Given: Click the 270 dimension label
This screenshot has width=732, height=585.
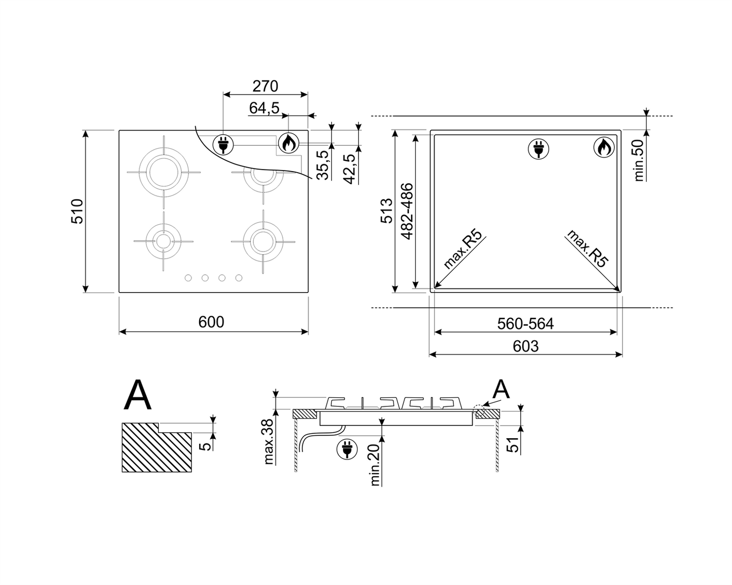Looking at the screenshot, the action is pos(265,87).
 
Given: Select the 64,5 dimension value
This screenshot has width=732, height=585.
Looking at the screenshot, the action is pos(264,108).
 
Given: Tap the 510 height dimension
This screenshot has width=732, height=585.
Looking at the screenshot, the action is pos(77,211).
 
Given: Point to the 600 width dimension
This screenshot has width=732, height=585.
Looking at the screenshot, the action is pos(211,322).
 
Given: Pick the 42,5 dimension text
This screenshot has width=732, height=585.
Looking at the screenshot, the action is pos(350,169).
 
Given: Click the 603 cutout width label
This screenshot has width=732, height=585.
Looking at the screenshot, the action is pos(525,346).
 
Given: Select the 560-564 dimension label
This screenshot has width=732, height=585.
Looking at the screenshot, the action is pos(525,323).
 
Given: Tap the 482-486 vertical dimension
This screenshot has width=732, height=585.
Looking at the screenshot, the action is pos(407,211).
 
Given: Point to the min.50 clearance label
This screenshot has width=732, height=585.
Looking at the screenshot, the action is pos(639,160).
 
